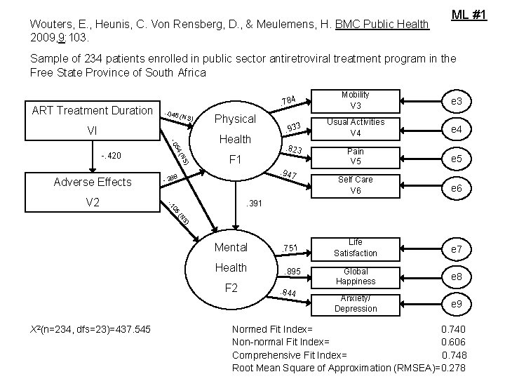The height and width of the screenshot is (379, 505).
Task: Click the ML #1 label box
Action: pyautogui.click(x=469, y=15)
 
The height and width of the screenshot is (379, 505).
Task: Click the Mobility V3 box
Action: pyautogui.click(x=356, y=100)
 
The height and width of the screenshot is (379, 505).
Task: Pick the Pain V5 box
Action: pyautogui.click(x=356, y=157)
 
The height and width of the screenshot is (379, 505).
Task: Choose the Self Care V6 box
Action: pyautogui.click(x=356, y=185)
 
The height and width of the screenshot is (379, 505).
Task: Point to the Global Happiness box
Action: pyautogui.click(x=355, y=277)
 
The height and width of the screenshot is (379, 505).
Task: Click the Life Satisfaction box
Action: pyautogui.click(x=355, y=248)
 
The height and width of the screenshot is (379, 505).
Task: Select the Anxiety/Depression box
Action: pyautogui.click(x=355, y=303)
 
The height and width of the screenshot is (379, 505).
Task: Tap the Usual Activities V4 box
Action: pyautogui.click(x=356, y=128)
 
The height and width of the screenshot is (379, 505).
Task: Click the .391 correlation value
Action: pyautogui.click(x=253, y=204)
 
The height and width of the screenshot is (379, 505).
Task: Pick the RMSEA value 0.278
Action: pyautogui.click(x=451, y=368)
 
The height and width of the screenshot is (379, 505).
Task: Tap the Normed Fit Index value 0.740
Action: pyautogui.click(x=453, y=329)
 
